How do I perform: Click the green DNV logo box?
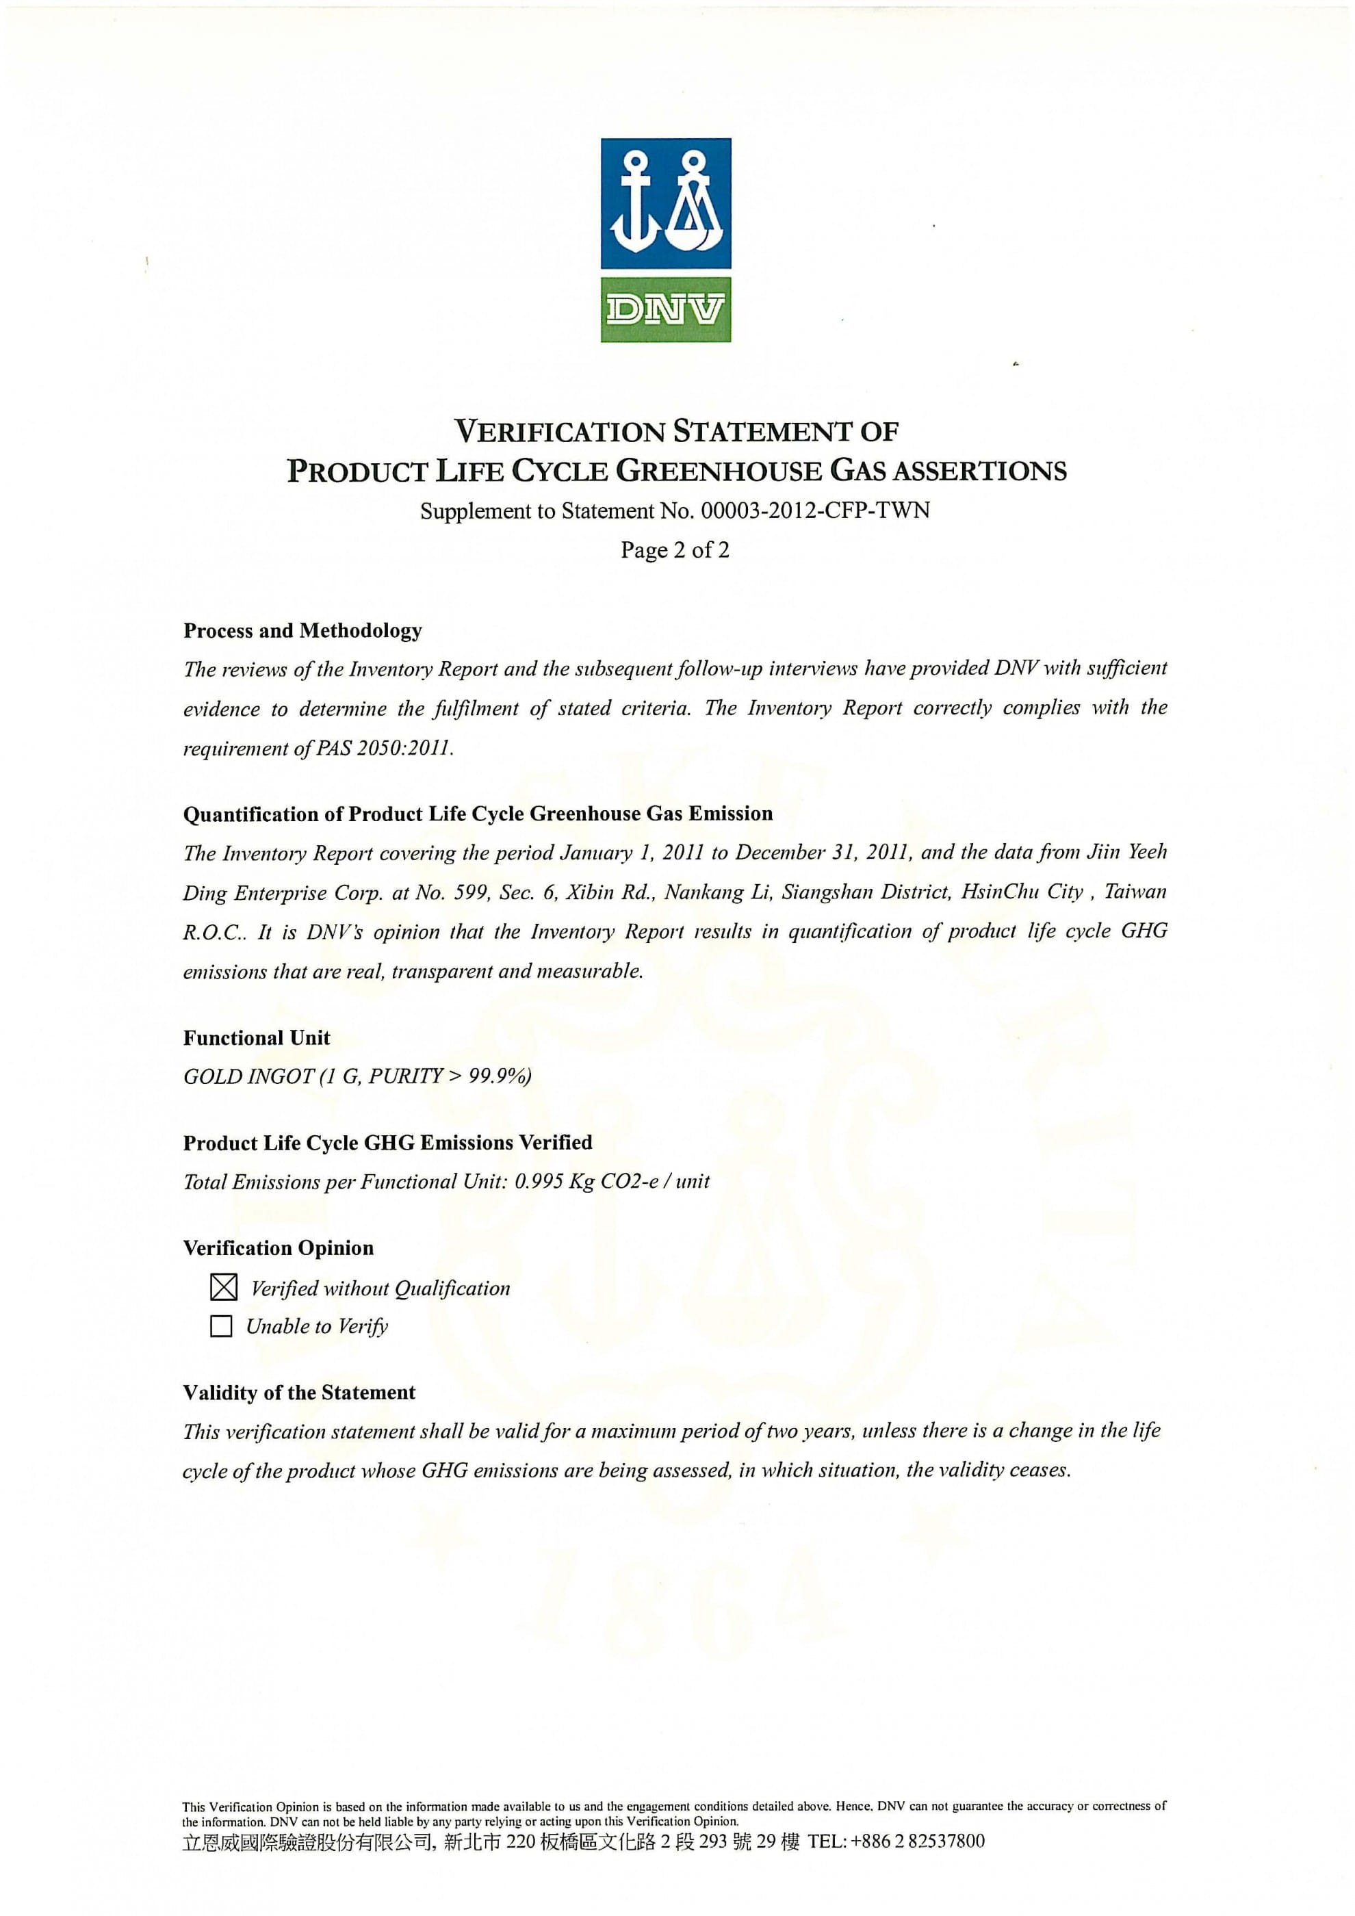666,309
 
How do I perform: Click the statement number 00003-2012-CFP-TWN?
815,510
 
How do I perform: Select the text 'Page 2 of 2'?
674,550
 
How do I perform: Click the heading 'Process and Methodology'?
303,631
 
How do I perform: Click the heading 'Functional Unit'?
256,1038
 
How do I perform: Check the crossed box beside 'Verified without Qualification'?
224,1288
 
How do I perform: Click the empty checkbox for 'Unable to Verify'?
221,1326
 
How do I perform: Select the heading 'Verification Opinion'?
279,1248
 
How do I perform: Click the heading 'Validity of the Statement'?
298,1393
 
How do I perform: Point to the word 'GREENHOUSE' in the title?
718,471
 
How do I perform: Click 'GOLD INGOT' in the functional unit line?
248,1076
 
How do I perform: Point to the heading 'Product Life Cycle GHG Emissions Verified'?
387,1143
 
